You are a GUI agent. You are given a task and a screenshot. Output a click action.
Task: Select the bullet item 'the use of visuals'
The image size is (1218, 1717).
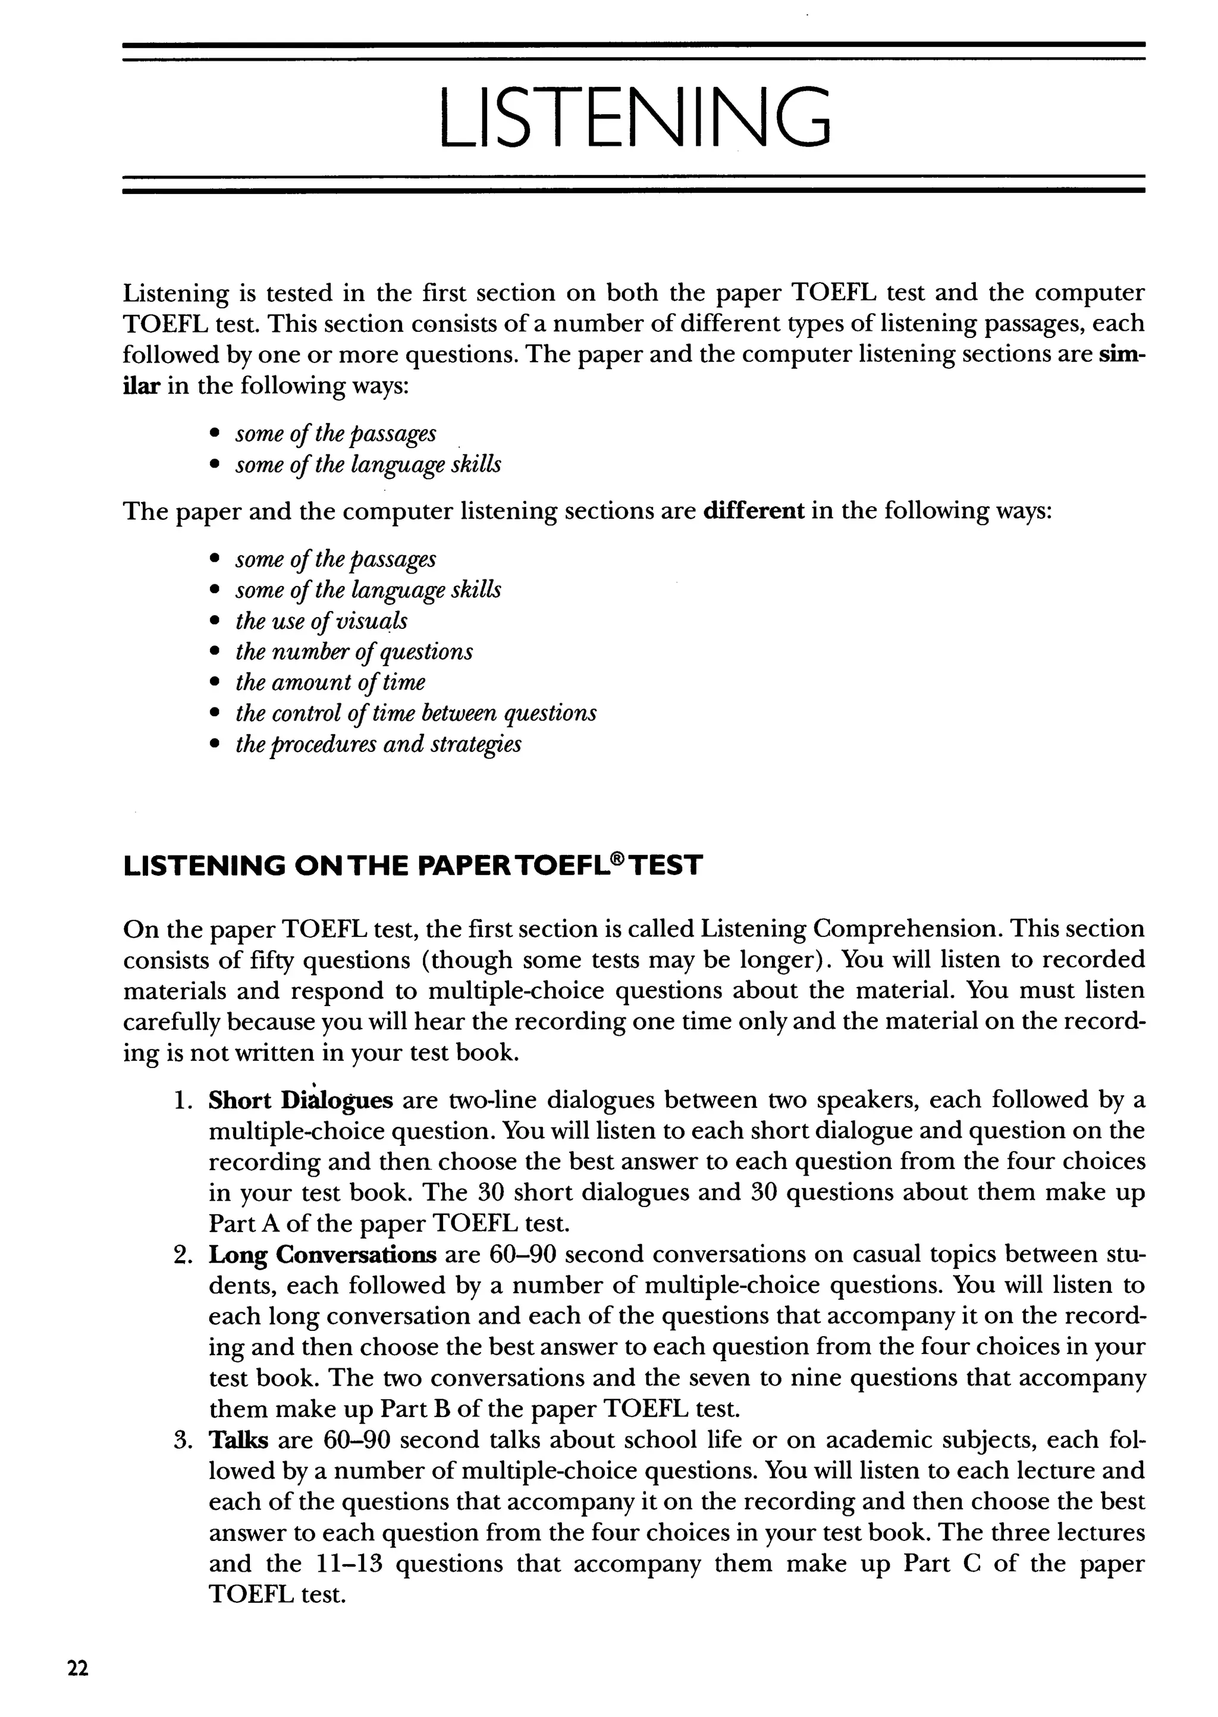(x=322, y=621)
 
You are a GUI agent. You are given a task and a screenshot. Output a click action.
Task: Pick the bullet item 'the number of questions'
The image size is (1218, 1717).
(x=354, y=652)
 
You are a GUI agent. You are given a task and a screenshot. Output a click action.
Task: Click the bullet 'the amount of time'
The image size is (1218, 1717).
(x=330, y=682)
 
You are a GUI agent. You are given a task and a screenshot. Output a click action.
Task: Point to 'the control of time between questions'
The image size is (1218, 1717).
(x=416, y=713)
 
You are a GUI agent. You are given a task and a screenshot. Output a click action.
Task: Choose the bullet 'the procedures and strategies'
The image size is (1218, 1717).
(x=378, y=745)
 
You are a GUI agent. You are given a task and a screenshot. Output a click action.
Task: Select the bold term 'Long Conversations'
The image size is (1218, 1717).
(x=322, y=1255)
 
